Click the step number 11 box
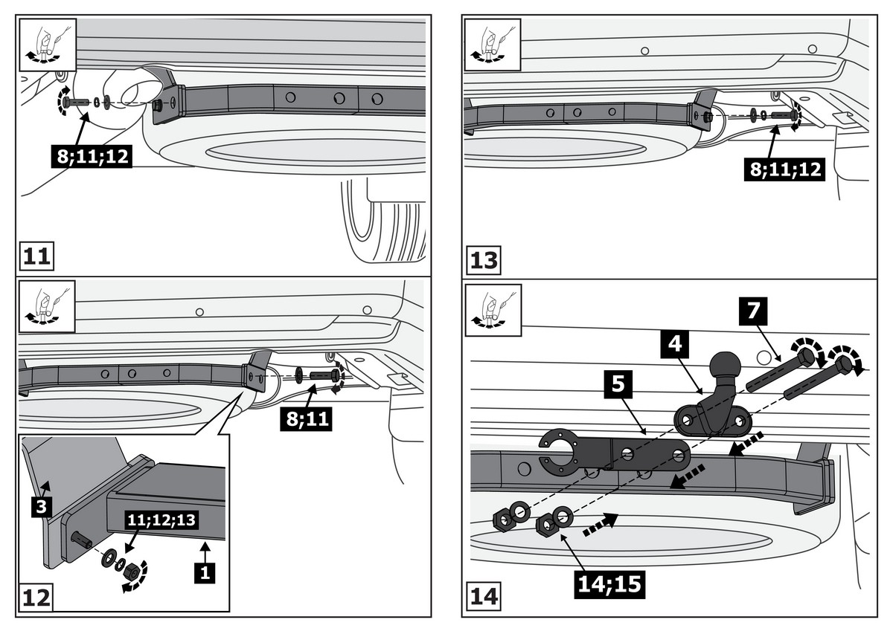(36, 256)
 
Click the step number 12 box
(36, 597)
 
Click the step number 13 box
(484, 261)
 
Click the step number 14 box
(484, 597)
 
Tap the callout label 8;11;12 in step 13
(784, 169)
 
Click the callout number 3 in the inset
(41, 508)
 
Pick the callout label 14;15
(609, 583)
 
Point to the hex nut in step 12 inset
(132, 571)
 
